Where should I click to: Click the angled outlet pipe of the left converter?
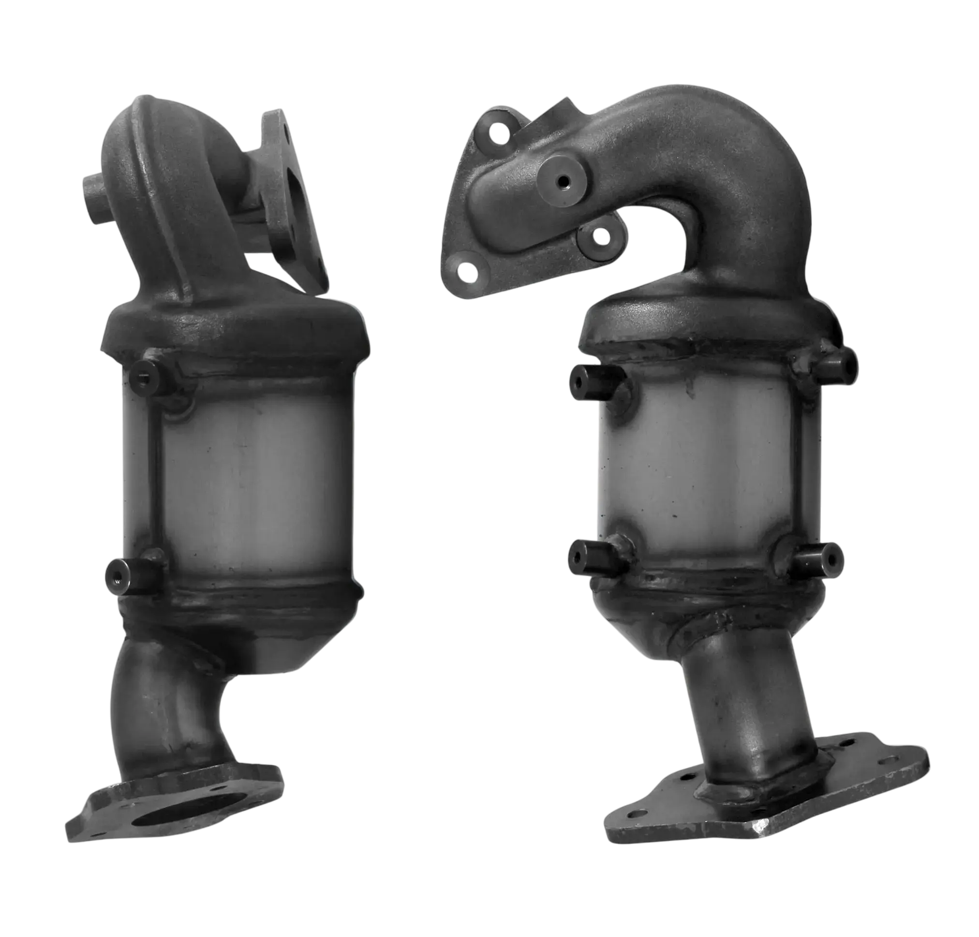(x=165, y=709)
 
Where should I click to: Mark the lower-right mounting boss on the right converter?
(x=819, y=556)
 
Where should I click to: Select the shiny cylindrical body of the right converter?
(x=699, y=474)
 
